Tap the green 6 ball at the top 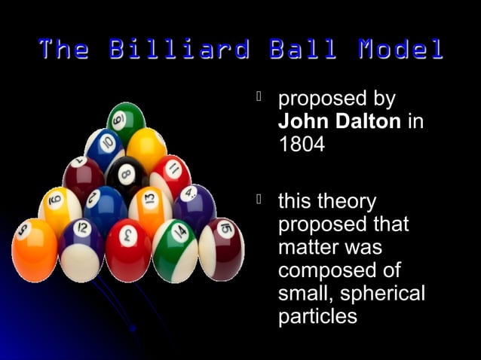(126, 121)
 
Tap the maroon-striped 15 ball (222, 249)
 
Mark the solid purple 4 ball (194, 206)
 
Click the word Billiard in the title (179, 50)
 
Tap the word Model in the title (400, 50)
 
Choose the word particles (317, 316)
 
